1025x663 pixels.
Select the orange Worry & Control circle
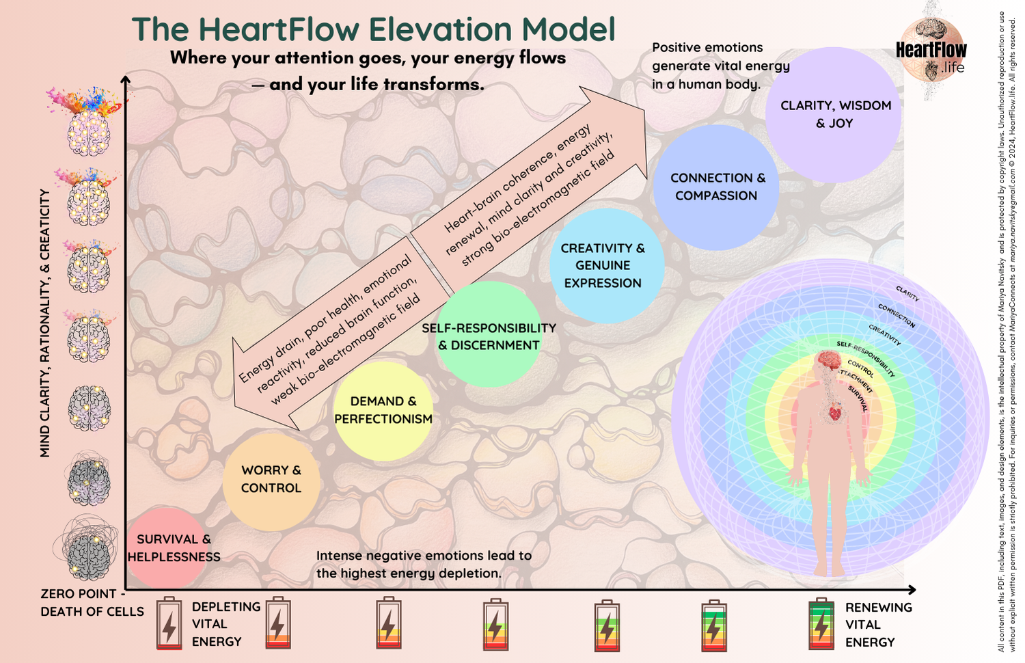point(271,480)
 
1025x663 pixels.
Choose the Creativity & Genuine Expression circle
point(606,266)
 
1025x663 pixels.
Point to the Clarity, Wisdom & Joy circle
point(834,114)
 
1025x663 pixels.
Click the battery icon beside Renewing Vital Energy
point(821,623)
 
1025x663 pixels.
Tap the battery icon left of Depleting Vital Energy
point(169,623)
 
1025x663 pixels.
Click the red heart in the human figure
point(834,413)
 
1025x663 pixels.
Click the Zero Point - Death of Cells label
point(92,602)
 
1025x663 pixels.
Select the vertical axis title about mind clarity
point(45,323)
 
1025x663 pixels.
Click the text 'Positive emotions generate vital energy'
point(720,66)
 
